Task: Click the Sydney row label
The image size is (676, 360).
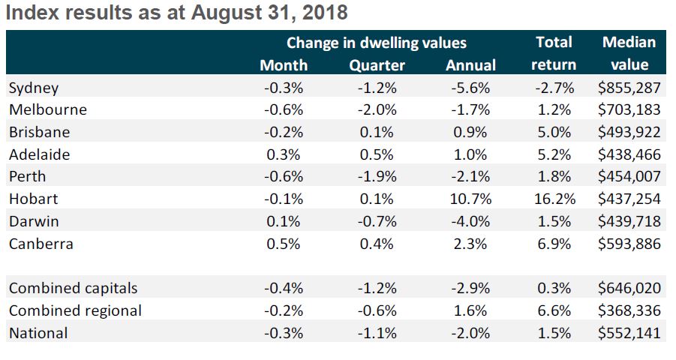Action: coord(33,88)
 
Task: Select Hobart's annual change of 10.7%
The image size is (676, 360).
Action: coord(470,199)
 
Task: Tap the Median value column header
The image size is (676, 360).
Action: coord(629,53)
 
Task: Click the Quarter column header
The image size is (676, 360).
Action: coord(377,65)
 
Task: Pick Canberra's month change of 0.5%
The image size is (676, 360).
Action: coord(283,244)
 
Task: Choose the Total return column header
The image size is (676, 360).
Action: coord(554,53)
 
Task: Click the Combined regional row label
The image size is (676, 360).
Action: coord(75,310)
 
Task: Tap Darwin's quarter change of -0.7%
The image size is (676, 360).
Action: coord(377,222)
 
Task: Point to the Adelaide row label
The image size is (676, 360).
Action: coord(38,154)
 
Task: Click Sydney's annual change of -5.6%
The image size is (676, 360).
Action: coord(470,88)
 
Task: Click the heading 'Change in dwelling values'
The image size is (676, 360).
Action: coord(376,43)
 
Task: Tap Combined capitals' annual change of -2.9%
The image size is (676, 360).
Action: coord(470,289)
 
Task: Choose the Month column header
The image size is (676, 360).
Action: coord(283,65)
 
